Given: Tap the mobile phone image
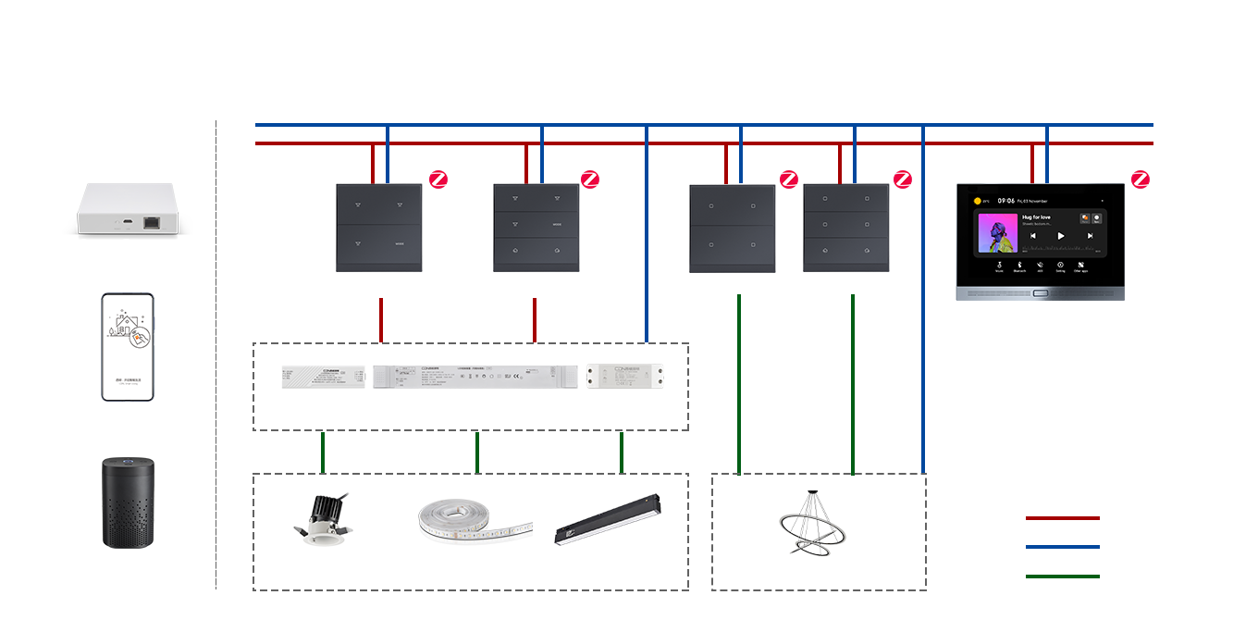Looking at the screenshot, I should point(128,347).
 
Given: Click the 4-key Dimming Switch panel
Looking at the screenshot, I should point(378,228).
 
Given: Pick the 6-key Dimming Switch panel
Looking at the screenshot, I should point(536,228).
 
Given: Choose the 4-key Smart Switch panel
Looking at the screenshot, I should point(732,229).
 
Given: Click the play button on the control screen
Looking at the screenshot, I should point(1060,236).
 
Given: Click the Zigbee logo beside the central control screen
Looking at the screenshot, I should point(1141,180).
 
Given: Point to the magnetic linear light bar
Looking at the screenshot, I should point(608,518).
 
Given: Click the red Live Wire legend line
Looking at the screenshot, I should point(1061,517).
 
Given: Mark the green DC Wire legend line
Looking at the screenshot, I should point(1061,577).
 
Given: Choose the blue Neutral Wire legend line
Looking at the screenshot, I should point(1061,547).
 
